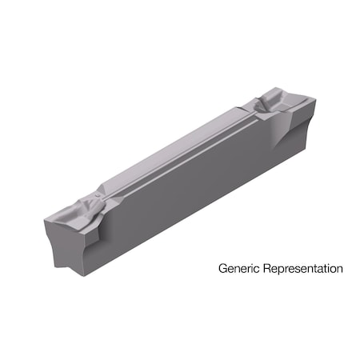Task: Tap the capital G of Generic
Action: (x=222, y=269)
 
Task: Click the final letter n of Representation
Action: (x=340, y=270)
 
